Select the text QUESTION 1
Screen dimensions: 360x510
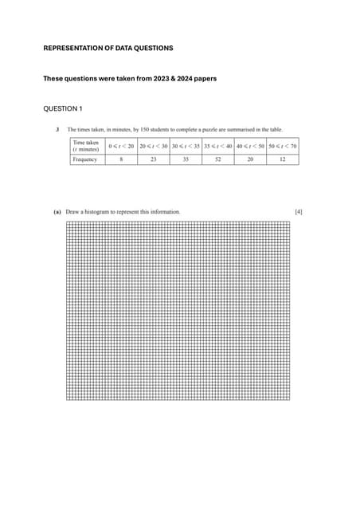pyautogui.click(x=64, y=108)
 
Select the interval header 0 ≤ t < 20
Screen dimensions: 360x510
pyautogui.click(x=121, y=146)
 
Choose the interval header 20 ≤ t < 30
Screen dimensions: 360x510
pyautogui.click(x=154, y=146)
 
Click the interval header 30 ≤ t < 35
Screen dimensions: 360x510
pyautogui.click(x=186, y=146)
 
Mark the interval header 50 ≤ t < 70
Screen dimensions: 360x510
pyautogui.click(x=283, y=146)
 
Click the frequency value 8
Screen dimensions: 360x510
pyautogui.click(x=121, y=159)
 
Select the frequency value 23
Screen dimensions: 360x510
pyautogui.click(x=154, y=159)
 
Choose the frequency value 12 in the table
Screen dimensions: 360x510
pyautogui.click(x=283, y=159)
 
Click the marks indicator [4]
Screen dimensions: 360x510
pyautogui.click(x=298, y=212)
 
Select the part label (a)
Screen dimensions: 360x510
pyautogui.click(x=57, y=212)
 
